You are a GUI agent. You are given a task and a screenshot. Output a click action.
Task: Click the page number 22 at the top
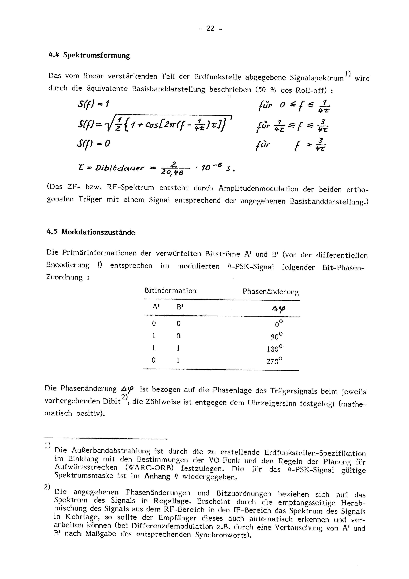(x=210, y=29)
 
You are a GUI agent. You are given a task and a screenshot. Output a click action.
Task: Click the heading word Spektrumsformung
(x=96, y=55)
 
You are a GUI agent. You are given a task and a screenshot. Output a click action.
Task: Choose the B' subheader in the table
(x=180, y=307)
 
